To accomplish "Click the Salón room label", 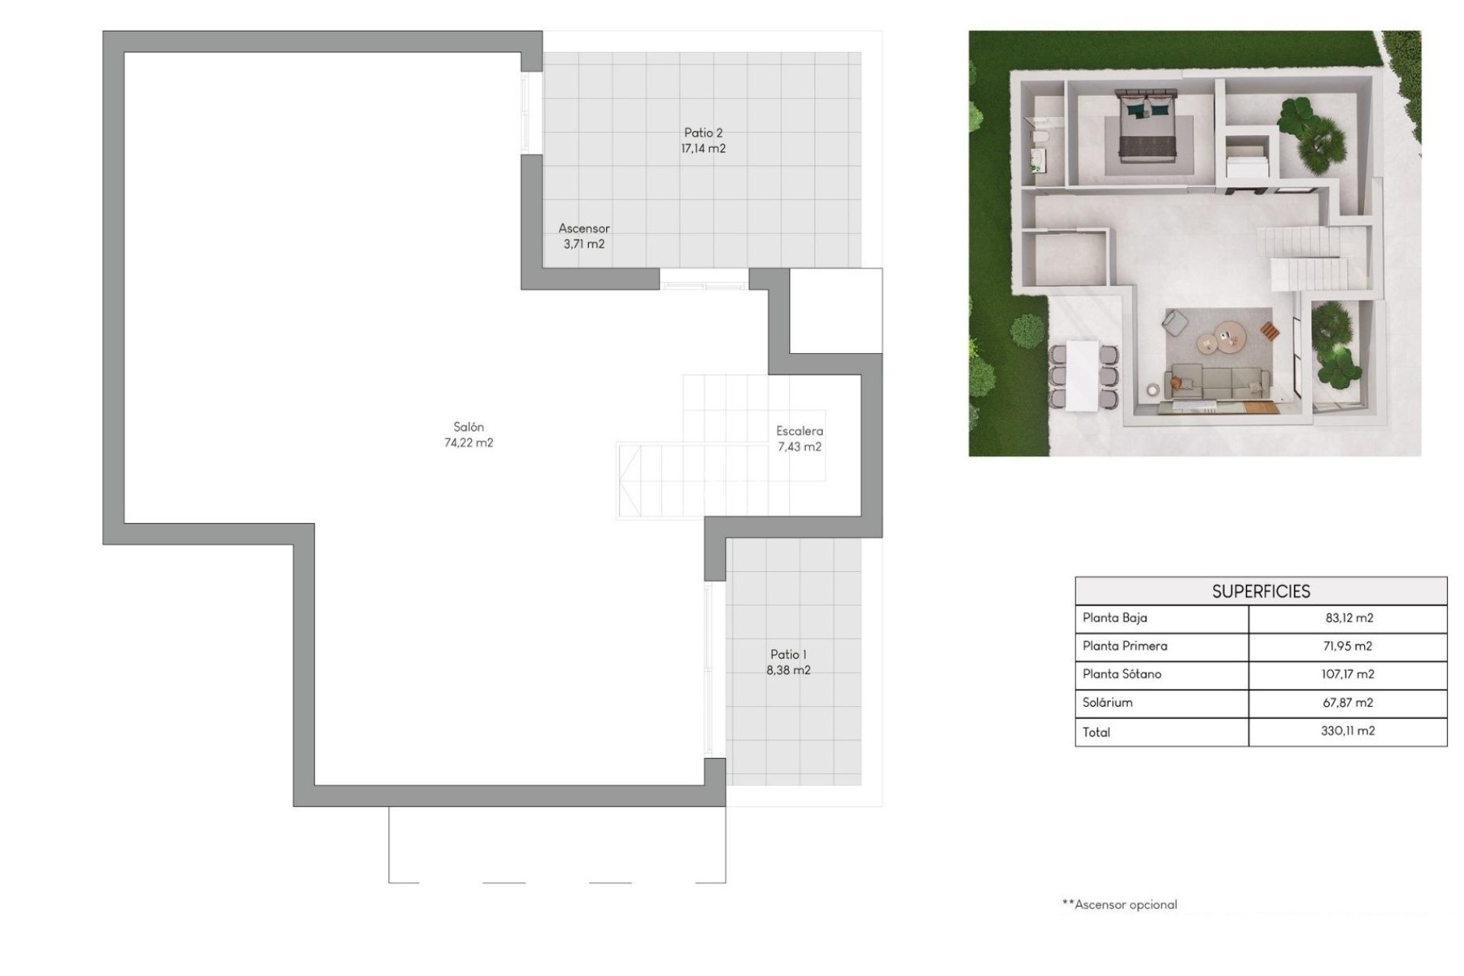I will coord(468,427).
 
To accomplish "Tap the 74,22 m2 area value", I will coord(468,443).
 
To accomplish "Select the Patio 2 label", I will coord(702,133).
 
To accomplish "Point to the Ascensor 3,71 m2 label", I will coord(584,236).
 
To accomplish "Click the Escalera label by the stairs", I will coord(799,431).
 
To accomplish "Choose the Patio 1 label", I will coord(788,654).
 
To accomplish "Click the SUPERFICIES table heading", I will coord(1260,591).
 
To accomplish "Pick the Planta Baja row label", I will coord(1114,618).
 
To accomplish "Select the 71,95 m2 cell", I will coord(1347,646).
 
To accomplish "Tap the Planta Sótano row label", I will coord(1122,674).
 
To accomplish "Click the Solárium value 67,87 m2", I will coord(1347,702).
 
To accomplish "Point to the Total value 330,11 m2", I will coord(1347,730).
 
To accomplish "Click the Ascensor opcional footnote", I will coord(1119,904).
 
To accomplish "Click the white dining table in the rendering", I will coord(1082,375).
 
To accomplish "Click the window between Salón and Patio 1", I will coord(709,669).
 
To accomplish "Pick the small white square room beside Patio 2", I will coord(836,310).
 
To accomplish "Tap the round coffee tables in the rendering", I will coord(1218,339).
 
